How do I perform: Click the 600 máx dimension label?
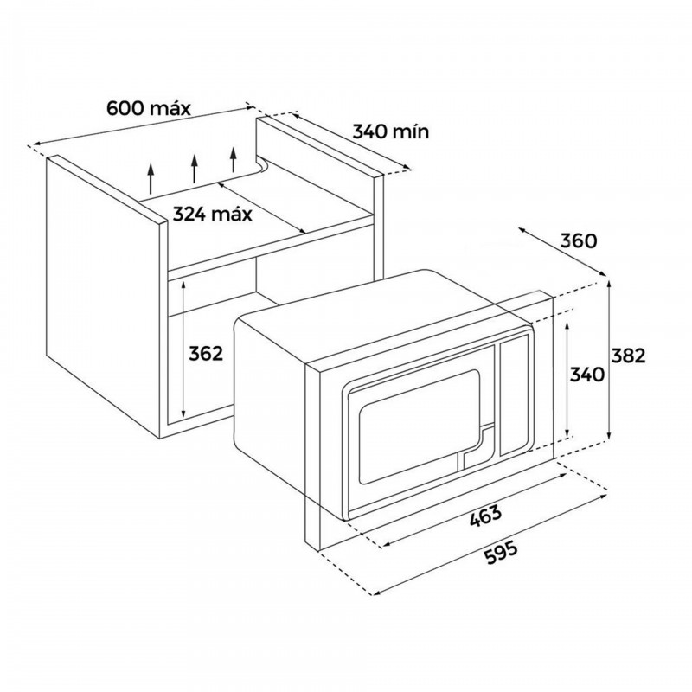148,108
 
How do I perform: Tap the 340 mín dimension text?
391,131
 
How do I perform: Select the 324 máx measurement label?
212,214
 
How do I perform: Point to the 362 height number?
206,354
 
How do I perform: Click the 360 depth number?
579,241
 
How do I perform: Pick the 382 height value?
629,356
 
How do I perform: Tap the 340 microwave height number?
587,375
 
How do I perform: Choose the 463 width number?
485,516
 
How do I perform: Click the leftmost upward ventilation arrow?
151,179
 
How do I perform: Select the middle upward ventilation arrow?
194,169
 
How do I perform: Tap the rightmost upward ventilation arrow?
234,160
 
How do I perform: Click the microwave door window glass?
420,426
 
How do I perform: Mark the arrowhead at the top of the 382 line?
609,285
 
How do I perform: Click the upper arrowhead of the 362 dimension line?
183,285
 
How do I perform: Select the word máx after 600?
170,108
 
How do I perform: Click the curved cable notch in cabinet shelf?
264,165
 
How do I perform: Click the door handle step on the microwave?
477,445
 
